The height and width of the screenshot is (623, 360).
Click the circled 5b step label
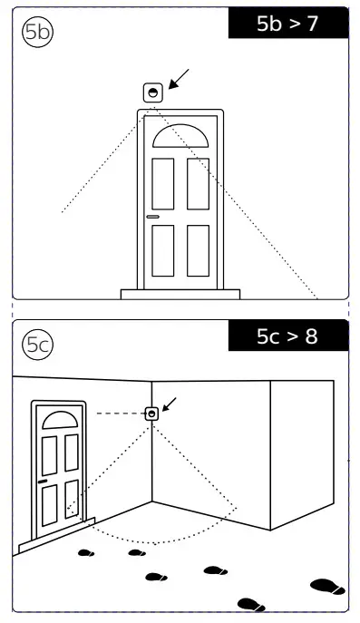coord(37,32)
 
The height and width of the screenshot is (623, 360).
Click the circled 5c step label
coord(37,345)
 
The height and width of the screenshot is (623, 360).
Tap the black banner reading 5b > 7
coord(288,24)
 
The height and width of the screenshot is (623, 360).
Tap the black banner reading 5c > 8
coord(288,336)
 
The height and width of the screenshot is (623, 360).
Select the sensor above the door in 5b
coord(153,92)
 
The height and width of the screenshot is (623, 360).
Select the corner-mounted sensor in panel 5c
coord(151,414)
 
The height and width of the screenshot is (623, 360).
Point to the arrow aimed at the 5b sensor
coord(179,79)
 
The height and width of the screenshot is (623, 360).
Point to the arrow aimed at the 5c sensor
coord(170,404)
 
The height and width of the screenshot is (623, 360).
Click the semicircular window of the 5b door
coord(180,137)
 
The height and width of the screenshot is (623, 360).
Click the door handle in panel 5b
coord(152,217)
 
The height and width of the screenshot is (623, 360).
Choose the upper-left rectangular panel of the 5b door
coord(163,183)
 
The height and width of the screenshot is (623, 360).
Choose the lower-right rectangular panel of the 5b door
coord(198,250)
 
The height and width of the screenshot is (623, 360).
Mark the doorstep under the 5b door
coord(180,294)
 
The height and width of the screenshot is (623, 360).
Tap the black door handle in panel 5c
coord(43,482)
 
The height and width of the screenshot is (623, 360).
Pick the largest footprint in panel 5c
coord(328,587)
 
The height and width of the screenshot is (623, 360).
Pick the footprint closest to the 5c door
coord(86,552)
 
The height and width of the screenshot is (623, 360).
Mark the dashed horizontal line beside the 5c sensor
coord(121,414)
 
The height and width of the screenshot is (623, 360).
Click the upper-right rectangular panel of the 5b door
coord(198,183)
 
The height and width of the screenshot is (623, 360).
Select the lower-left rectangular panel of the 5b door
coord(163,250)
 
